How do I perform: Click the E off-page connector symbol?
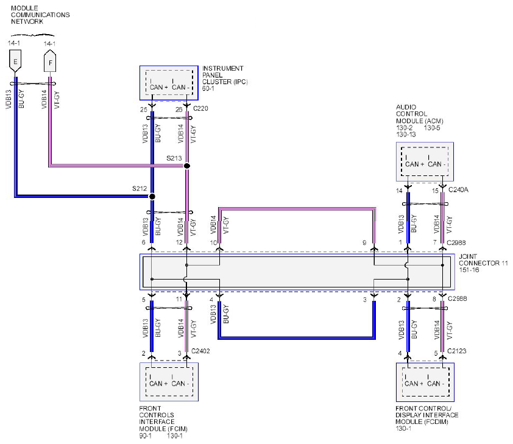(x=15, y=61)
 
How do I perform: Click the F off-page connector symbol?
(x=50, y=61)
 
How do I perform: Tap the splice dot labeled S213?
(x=187, y=166)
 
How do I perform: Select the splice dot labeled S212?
(x=152, y=197)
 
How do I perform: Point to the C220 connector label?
(x=200, y=108)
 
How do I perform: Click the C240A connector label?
(x=458, y=189)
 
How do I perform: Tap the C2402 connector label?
(x=200, y=351)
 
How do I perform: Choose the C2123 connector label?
(x=457, y=351)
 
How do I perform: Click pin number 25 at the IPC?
(x=144, y=110)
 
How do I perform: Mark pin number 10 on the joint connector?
(x=213, y=243)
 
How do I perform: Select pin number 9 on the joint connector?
(x=364, y=243)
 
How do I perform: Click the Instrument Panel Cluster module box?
(x=169, y=83)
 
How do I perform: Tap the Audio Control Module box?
(x=425, y=161)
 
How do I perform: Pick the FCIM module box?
(x=169, y=382)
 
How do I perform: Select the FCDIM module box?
(x=425, y=382)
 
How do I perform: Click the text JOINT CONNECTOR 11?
(x=483, y=260)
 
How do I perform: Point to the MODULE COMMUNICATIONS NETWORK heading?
(x=40, y=15)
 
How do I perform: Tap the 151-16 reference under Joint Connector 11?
(x=469, y=270)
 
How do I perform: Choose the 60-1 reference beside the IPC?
(x=208, y=88)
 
